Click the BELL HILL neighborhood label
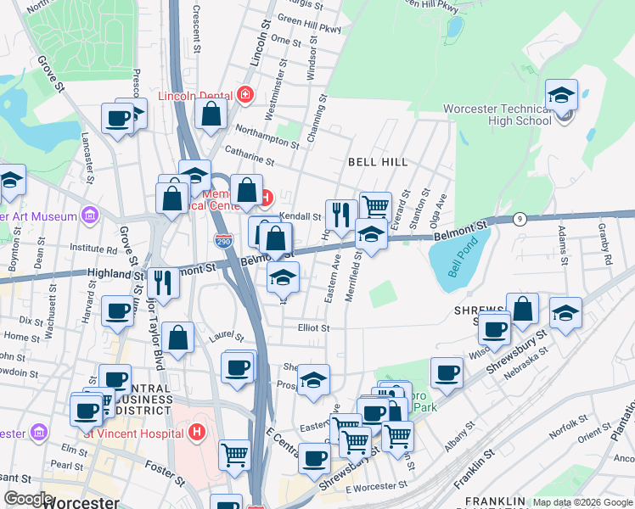pos(378,161)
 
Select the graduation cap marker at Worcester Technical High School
pos(561,96)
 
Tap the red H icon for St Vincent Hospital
pos(197,433)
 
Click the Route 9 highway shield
pos(520,219)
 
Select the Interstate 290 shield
pos(223,241)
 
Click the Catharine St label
pos(249,155)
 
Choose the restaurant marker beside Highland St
pos(162,284)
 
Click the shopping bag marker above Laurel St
pos(177,338)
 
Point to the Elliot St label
pos(312,327)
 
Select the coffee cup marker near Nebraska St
pos(447,372)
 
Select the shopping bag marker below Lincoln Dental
pos(211,114)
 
